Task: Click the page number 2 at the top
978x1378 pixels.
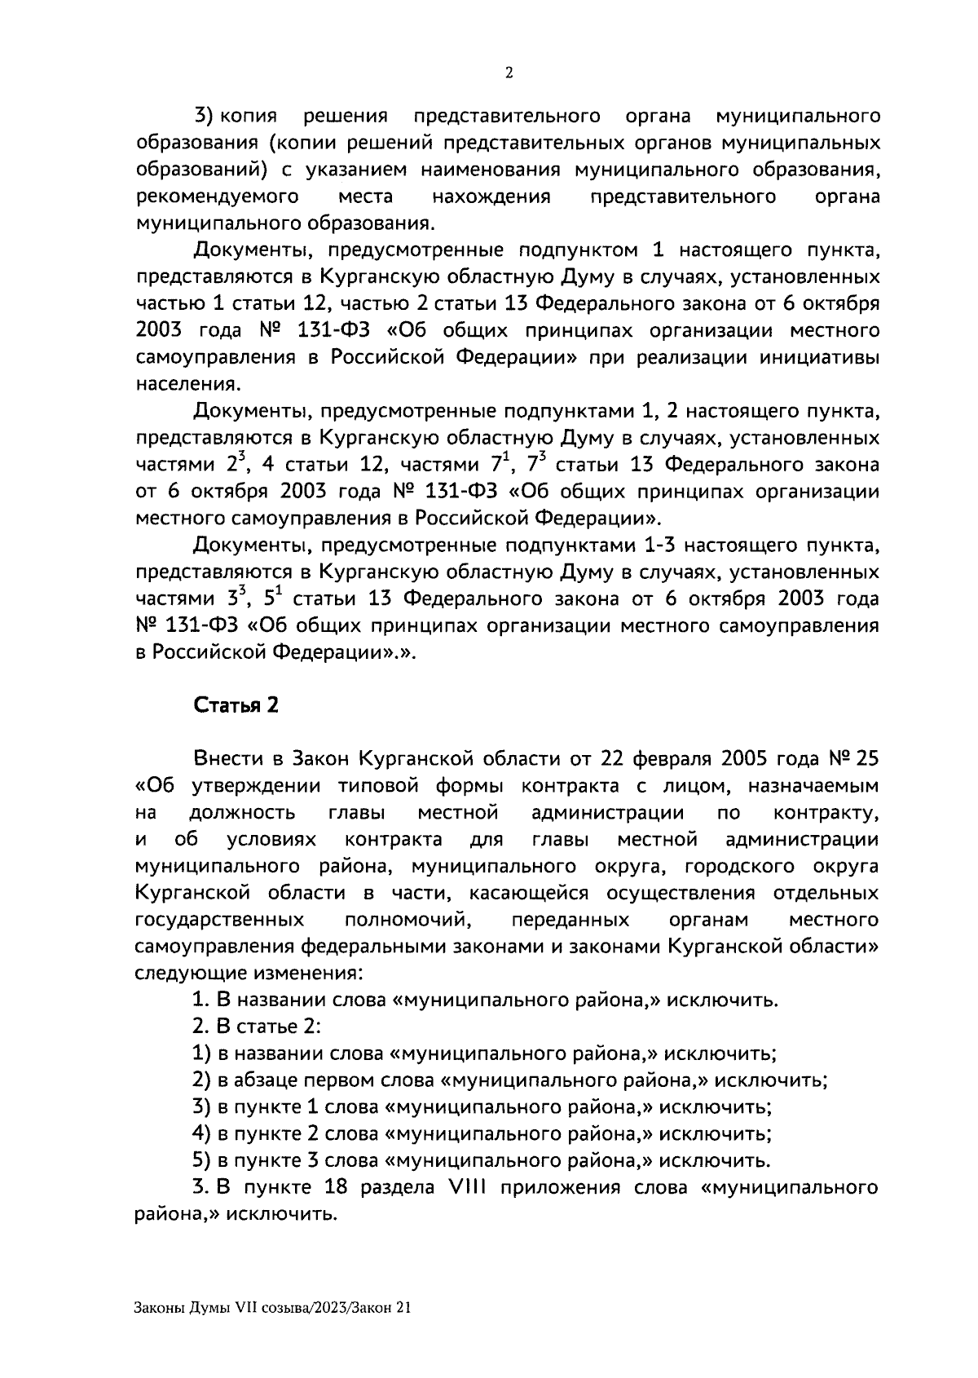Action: coord(509,73)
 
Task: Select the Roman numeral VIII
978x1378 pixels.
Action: coord(467,1187)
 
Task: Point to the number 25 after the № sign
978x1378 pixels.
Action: coord(868,759)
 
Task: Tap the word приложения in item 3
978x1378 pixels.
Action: coord(561,1187)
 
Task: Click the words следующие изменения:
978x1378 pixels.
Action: coord(249,973)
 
